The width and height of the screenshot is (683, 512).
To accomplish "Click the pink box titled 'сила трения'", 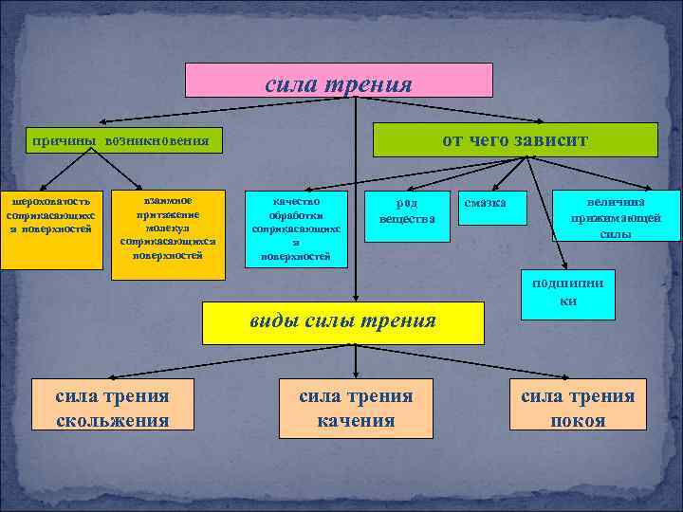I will pos(339,81).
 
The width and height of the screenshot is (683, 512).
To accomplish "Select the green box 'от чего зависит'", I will pos(515,139).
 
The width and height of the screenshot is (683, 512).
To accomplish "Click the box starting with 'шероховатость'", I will pos(50,229).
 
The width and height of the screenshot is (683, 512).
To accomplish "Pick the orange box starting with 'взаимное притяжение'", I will pos(168,235).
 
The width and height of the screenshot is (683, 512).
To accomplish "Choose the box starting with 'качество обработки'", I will pos(296,229).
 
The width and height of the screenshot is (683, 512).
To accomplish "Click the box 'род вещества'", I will pos(407,211).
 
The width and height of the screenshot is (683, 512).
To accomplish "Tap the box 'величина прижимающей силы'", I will pos(617,217).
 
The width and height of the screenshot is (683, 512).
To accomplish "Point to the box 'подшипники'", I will pos(568,292).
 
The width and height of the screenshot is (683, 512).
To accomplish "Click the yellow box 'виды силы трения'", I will pos(342,321).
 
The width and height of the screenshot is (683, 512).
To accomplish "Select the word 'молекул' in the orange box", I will pos(168,229).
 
